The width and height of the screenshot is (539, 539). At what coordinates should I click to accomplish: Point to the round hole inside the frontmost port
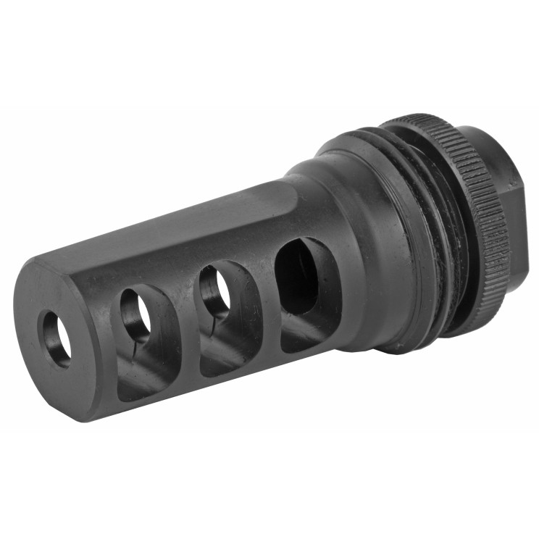[135, 316]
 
